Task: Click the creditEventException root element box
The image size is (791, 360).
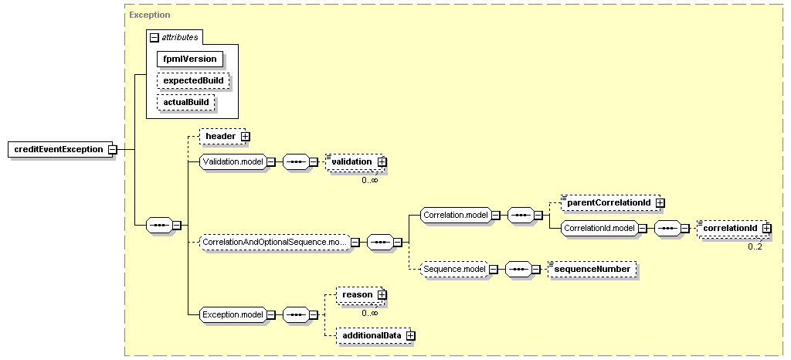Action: pyautogui.click(x=60, y=149)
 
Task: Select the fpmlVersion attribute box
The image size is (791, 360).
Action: pyautogui.click(x=190, y=59)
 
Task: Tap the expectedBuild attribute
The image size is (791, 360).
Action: pyautogui.click(x=193, y=80)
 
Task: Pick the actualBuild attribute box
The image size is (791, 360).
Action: pyautogui.click(x=185, y=102)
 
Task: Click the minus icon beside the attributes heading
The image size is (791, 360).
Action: pyautogui.click(x=154, y=37)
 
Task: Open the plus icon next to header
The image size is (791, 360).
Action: pyautogui.click(x=246, y=136)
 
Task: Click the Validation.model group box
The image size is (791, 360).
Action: pyautogui.click(x=233, y=162)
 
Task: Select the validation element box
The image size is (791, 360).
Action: pyautogui.click(x=355, y=162)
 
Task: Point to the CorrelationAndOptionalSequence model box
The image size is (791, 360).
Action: pyautogui.click(x=275, y=242)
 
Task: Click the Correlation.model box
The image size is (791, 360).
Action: pyautogui.click(x=456, y=215)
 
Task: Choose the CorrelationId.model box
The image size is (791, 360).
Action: pyautogui.click(x=599, y=228)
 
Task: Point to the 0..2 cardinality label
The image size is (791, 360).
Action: pyautogui.click(x=755, y=246)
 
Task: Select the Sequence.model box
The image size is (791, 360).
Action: pyautogui.click(x=454, y=270)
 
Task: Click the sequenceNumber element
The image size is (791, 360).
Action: pyautogui.click(x=592, y=270)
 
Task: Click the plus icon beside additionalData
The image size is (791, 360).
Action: pyautogui.click(x=411, y=335)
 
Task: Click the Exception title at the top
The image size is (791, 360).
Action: pyautogui.click(x=149, y=15)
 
